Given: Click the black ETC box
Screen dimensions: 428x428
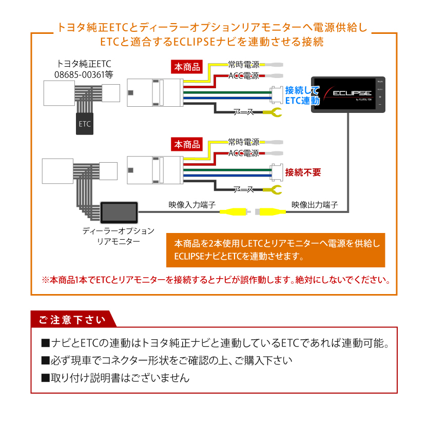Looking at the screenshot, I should click(x=85, y=124).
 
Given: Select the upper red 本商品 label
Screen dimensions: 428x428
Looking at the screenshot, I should click(x=186, y=67).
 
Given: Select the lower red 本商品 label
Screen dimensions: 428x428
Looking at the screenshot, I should click(x=186, y=144).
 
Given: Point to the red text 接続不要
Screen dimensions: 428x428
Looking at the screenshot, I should click(x=304, y=172).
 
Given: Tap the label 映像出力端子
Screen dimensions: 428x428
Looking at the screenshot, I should click(x=315, y=204).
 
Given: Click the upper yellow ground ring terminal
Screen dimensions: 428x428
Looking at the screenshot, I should click(x=274, y=113).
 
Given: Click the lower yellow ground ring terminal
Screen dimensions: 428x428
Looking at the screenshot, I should click(x=274, y=191).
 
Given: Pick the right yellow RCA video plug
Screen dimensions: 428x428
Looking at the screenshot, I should click(x=272, y=211).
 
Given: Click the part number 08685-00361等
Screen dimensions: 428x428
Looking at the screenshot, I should click(x=84, y=75).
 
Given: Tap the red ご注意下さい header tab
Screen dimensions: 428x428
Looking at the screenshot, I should click(x=72, y=320).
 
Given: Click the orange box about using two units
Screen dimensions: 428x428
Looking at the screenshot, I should click(x=276, y=249).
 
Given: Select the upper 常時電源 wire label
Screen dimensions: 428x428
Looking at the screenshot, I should click(x=244, y=65).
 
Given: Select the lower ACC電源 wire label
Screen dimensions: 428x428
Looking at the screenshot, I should click(x=244, y=153).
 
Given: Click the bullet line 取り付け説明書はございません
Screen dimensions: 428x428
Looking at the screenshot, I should click(x=115, y=378).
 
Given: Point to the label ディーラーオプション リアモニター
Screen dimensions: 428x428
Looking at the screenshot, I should click(x=119, y=236).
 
